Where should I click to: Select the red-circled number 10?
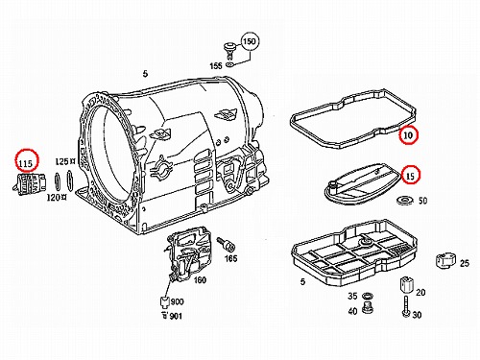pos(408,135)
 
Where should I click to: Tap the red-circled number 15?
pos(410,176)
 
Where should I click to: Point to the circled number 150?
pos(250,41)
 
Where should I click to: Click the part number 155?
pos(216,65)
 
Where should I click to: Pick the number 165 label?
pos(230,258)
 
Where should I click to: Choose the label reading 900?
pos(177,301)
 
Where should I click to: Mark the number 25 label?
pos(465,263)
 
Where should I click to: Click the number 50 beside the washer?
pos(422,201)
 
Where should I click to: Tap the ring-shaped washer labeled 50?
pos(404,201)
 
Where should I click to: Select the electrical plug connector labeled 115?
pos(30,183)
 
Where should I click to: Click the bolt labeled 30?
pos(406,306)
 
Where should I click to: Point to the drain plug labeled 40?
pos(366,307)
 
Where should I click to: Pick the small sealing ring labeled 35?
pos(367,295)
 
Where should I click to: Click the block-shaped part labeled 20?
pos(406,284)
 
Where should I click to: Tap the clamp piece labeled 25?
pos(445,260)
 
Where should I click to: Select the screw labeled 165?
pos(226,245)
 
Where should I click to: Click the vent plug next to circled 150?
pos(228,50)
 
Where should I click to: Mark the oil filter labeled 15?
pos(362,182)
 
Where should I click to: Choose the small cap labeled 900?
pos(164,301)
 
